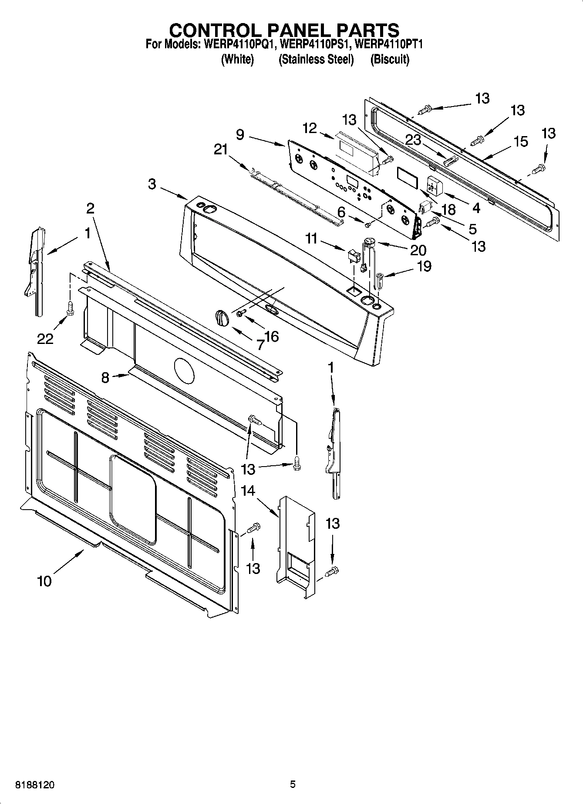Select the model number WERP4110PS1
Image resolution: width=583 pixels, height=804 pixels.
point(316,44)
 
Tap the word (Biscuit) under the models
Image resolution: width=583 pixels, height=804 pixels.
point(389,59)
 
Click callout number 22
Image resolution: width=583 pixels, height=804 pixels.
point(45,338)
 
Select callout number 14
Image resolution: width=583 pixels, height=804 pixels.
point(248,490)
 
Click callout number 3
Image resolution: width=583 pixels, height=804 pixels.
point(152,184)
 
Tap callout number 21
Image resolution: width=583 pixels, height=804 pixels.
point(221,150)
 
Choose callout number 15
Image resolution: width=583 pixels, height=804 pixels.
point(521,141)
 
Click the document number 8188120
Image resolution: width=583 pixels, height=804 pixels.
point(35,784)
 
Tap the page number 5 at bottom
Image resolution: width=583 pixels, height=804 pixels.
point(293,784)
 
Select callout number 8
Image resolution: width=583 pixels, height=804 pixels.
point(105,377)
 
